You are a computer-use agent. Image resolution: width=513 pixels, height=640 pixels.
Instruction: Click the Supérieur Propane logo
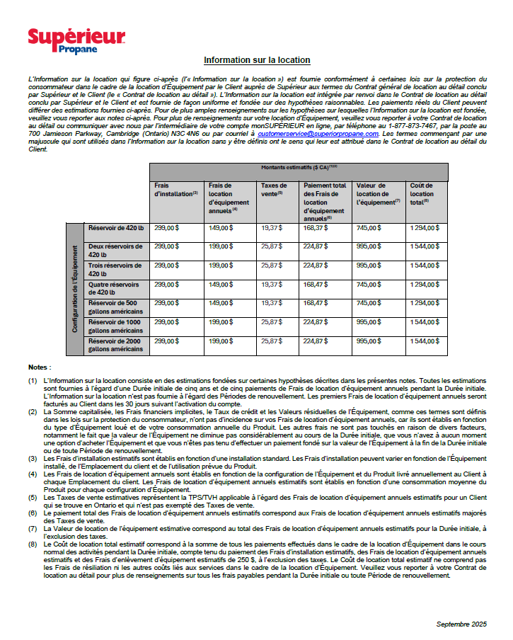(x=76, y=41)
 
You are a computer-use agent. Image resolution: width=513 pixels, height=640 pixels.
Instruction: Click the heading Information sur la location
(x=257, y=60)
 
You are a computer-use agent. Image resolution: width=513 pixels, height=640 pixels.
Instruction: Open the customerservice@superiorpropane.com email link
(x=318, y=134)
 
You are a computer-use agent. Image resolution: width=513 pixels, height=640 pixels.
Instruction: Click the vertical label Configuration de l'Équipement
(x=75, y=289)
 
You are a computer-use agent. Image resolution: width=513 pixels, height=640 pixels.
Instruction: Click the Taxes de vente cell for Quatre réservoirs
(x=271, y=284)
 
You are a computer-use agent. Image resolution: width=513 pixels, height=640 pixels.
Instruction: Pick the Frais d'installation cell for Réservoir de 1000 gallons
(x=166, y=322)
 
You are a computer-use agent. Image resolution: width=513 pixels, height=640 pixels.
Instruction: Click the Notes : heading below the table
(x=40, y=368)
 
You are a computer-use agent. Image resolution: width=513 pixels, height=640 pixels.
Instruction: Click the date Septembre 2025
(x=461, y=624)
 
